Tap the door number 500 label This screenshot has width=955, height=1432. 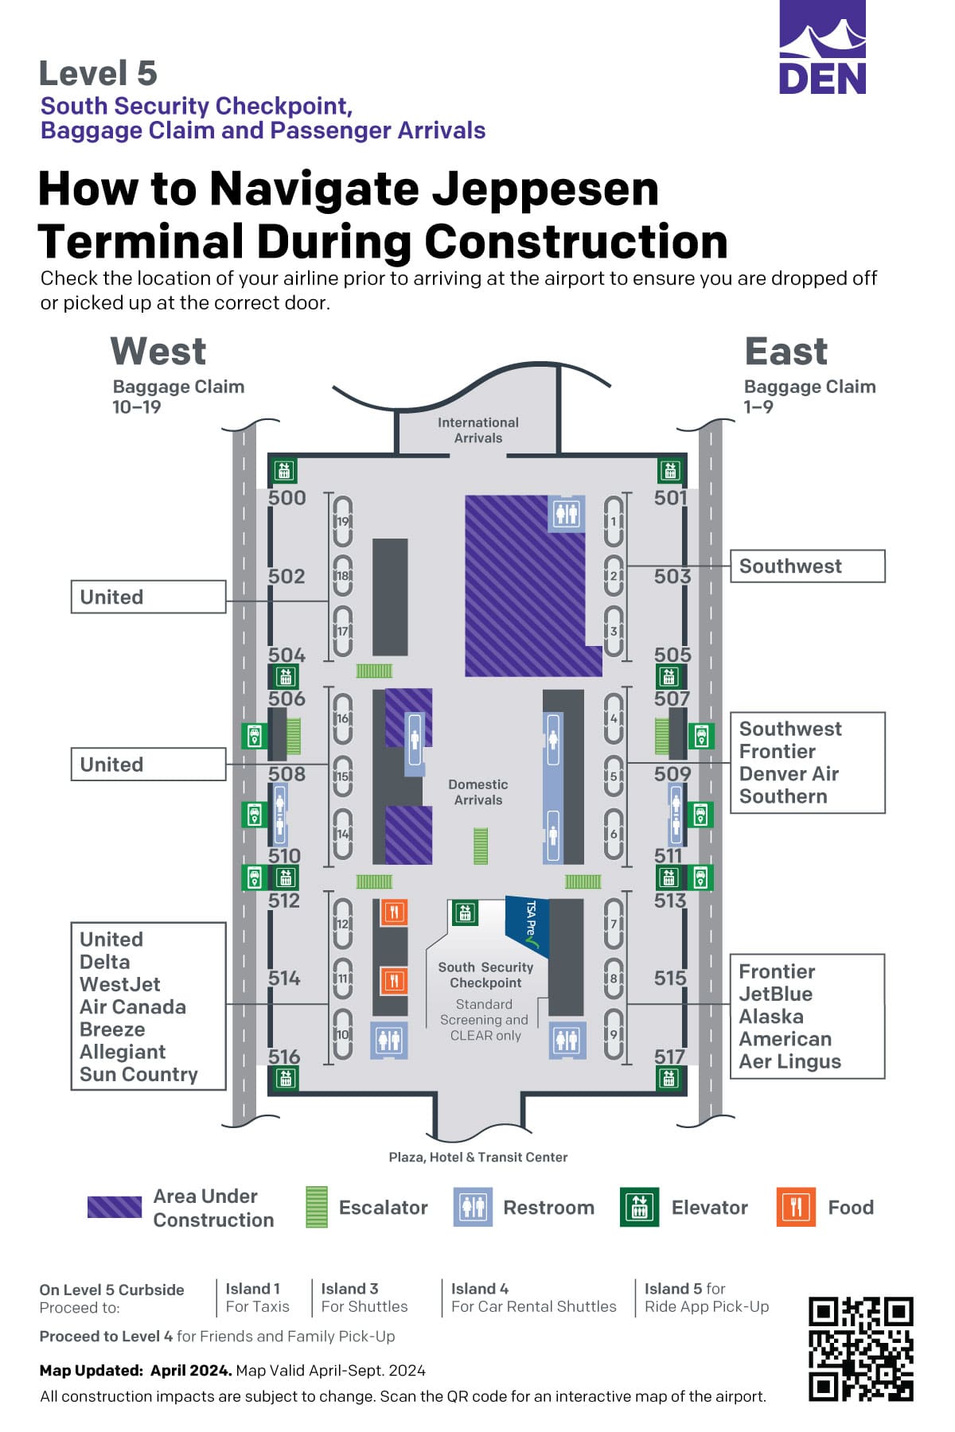tap(287, 498)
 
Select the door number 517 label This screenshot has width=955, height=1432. tap(670, 1056)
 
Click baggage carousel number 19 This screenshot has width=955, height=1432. tap(343, 521)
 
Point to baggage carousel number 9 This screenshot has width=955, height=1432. tap(614, 1034)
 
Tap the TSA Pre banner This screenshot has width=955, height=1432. tap(528, 923)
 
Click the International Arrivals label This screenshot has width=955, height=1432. tap(477, 430)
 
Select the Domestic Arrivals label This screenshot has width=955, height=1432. tap(477, 792)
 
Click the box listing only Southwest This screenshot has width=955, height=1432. tap(807, 566)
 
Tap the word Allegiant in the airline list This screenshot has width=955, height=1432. tap(123, 1052)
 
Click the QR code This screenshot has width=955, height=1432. tap(860, 1348)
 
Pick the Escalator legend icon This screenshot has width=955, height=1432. tap(317, 1208)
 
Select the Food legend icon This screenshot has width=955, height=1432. tap(796, 1208)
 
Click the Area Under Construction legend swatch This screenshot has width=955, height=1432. tap(115, 1208)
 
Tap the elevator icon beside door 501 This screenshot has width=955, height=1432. tap(670, 470)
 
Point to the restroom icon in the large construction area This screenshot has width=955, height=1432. tap(567, 514)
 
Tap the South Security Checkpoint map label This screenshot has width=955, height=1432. tap(485, 975)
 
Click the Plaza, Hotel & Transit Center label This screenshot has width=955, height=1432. tap(477, 1158)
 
